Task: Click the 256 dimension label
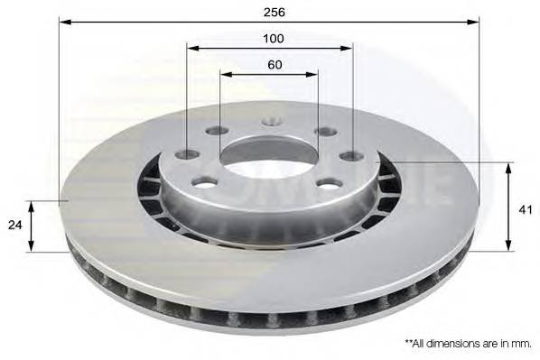pos(275,13)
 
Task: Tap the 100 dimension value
pos(274,39)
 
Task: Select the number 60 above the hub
pos(275,64)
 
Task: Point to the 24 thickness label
pos(14,225)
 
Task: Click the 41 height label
pos(525,210)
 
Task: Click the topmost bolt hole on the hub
pos(272,121)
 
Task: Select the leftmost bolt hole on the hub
pos(187,155)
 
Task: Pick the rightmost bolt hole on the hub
pos(351,156)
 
